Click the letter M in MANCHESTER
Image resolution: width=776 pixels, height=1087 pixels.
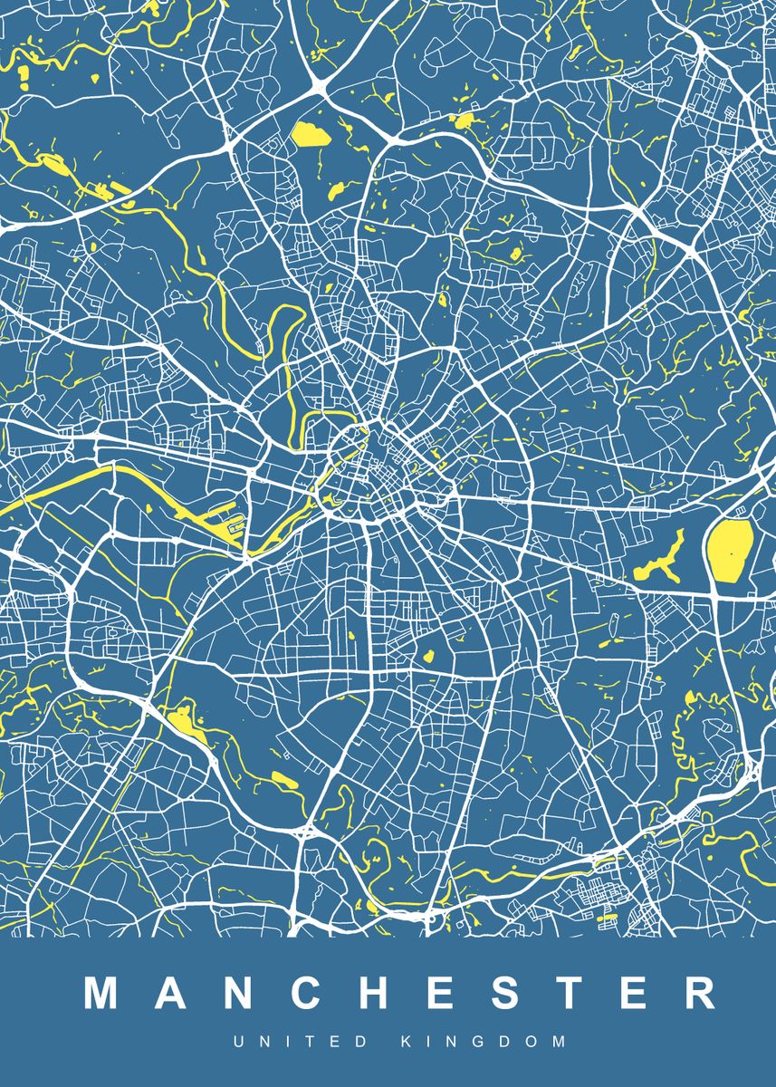pyautogui.click(x=103, y=993)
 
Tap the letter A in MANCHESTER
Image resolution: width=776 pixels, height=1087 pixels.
pyautogui.click(x=171, y=993)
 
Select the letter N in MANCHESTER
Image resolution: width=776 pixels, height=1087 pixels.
pyautogui.click(x=237, y=993)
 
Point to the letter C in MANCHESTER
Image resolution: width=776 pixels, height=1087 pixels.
pyautogui.click(x=305, y=993)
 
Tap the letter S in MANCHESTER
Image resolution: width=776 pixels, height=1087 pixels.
pyautogui.click(x=501, y=993)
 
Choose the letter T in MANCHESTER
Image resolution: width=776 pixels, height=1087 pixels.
pyautogui.click(x=565, y=993)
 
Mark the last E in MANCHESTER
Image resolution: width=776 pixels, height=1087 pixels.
pyautogui.click(x=630, y=993)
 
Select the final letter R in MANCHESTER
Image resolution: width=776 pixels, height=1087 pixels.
pyautogui.click(x=696, y=993)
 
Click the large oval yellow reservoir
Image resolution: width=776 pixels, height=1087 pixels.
pyautogui.click(x=730, y=551)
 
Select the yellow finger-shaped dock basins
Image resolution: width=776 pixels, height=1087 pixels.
pyautogui.click(x=225, y=522)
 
